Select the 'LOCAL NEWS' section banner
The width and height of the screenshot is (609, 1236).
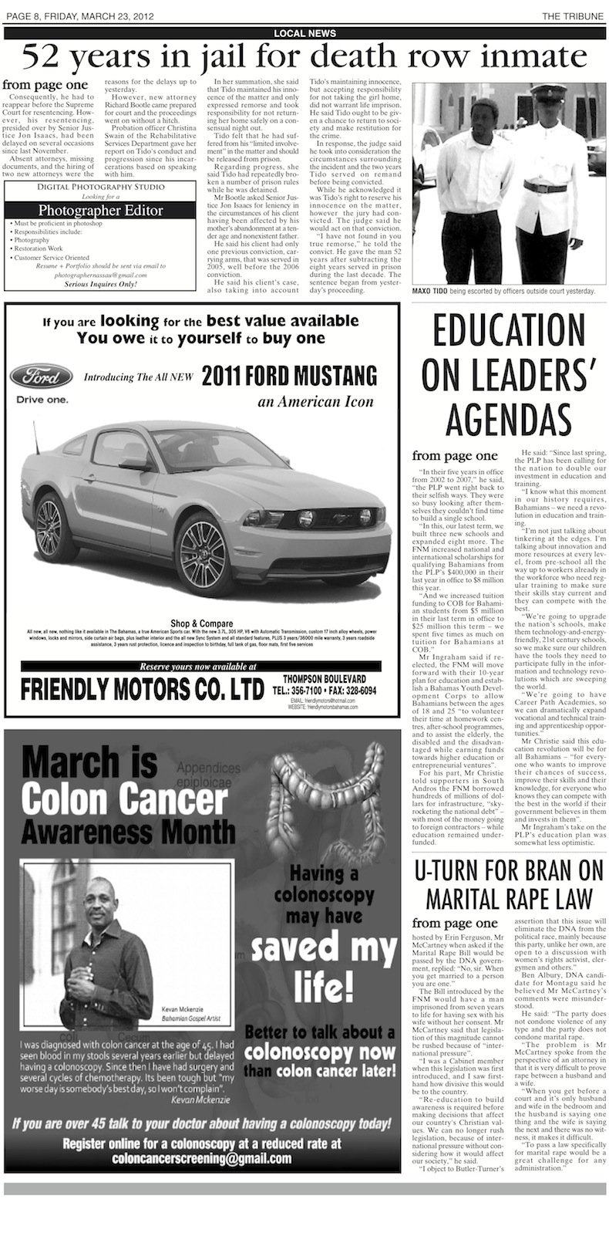click(304, 32)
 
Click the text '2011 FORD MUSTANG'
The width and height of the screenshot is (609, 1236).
click(289, 376)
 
